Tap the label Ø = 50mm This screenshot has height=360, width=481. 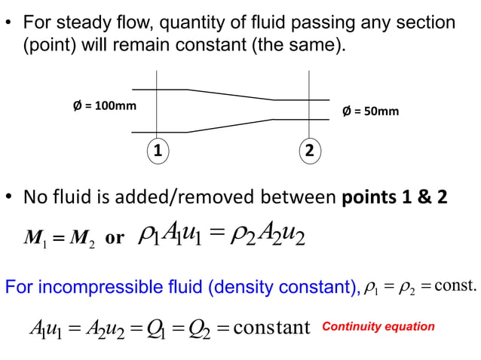pyautogui.click(x=370, y=111)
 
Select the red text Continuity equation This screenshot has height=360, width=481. pyautogui.click(x=378, y=326)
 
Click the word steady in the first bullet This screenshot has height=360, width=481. pyautogui.click(x=80, y=23)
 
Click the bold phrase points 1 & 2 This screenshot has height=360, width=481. pyautogui.click(x=394, y=198)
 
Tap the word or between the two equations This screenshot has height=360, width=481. pyautogui.click(x=115, y=239)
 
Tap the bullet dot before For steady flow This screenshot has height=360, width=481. pyautogui.click(x=10, y=23)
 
